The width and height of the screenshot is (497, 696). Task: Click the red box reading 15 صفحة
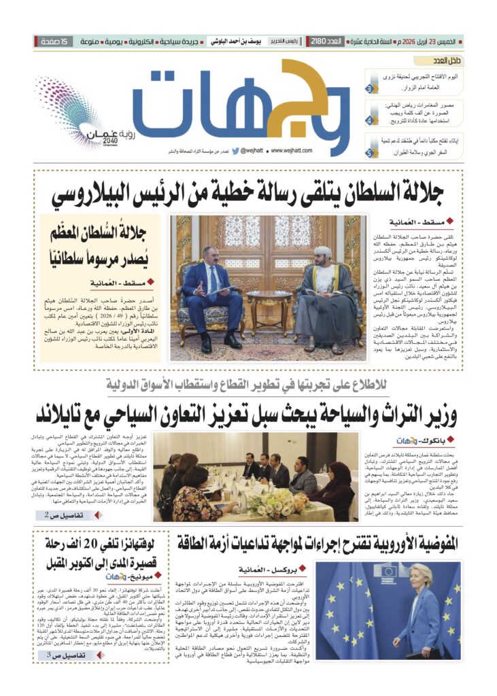pyautogui.click(x=54, y=42)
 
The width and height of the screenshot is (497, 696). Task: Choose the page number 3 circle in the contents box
pyautogui.click(x=369, y=89)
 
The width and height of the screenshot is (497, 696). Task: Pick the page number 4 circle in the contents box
pyautogui.click(x=369, y=120)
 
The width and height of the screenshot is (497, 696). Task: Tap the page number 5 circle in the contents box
pyautogui.click(x=369, y=153)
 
